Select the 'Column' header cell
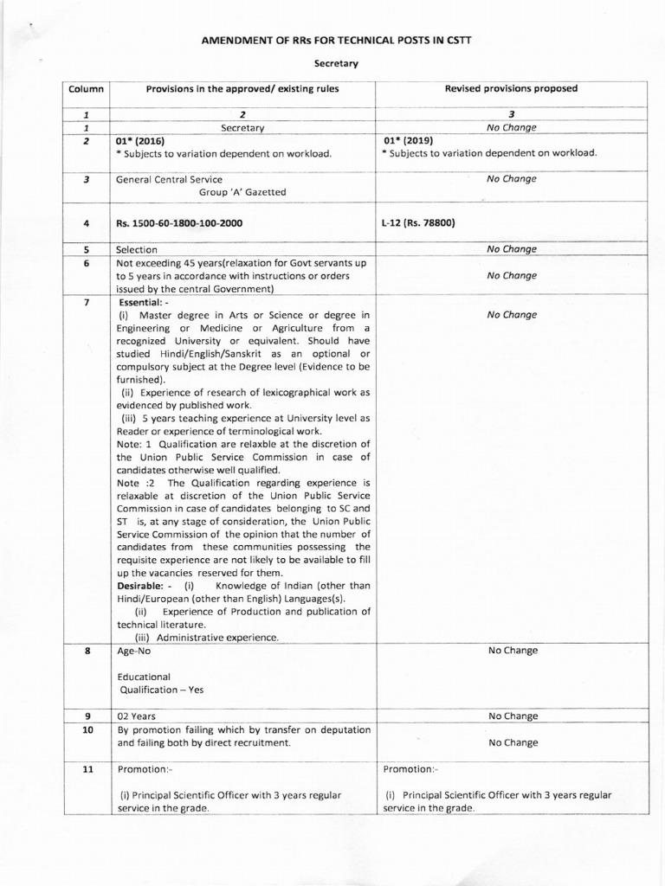pos(86,88)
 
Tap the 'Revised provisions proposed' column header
pos(511,88)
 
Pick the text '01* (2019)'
pos(408,139)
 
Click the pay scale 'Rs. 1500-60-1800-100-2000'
pos(179,223)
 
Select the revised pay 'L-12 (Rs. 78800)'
pos(418,223)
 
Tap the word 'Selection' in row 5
pos(137,249)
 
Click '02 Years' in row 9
pos(137,716)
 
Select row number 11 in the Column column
pos(87,769)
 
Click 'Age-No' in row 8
pos(133,651)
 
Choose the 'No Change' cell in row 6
pos(511,275)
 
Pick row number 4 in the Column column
pos(87,223)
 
